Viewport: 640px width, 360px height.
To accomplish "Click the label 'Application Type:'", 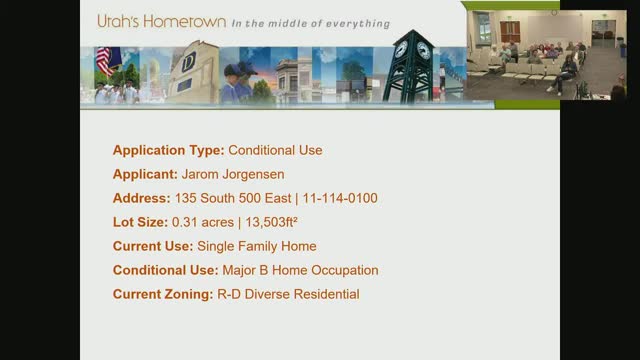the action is click(169, 151).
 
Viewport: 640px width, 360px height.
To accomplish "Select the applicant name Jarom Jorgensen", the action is click(233, 175).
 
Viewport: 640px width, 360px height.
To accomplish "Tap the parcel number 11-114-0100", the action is click(340, 198).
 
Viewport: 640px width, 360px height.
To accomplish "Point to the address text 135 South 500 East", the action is click(233, 198).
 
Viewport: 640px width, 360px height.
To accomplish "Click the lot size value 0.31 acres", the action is click(203, 222).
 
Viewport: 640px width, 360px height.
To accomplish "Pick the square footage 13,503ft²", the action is click(271, 222).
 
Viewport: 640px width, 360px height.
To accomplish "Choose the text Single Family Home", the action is click(257, 247).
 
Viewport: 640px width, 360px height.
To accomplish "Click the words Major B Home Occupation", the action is click(300, 271).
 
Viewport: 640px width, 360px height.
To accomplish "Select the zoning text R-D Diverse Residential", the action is click(288, 294).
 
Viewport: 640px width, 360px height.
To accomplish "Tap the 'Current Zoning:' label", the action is click(163, 295).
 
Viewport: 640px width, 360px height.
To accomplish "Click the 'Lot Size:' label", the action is click(140, 222).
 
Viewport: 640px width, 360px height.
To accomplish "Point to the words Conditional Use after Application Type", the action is click(276, 150).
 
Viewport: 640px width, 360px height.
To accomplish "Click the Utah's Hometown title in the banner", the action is click(162, 21).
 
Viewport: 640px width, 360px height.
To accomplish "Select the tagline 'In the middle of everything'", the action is click(311, 24).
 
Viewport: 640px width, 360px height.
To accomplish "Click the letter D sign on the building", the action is click(188, 62).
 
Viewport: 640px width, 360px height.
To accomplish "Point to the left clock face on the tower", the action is click(401, 49).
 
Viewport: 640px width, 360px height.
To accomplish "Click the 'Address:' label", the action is click(142, 198).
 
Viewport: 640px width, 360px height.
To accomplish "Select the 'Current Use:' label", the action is click(153, 247).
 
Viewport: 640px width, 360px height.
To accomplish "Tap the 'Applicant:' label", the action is click(145, 175).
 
